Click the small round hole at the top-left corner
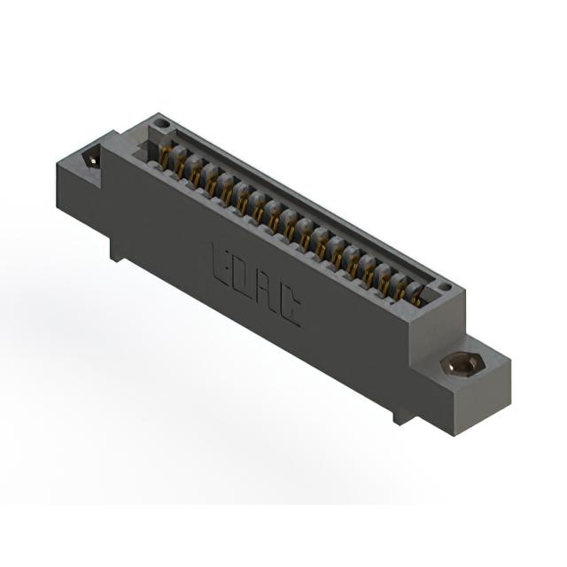pos(160,125)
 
